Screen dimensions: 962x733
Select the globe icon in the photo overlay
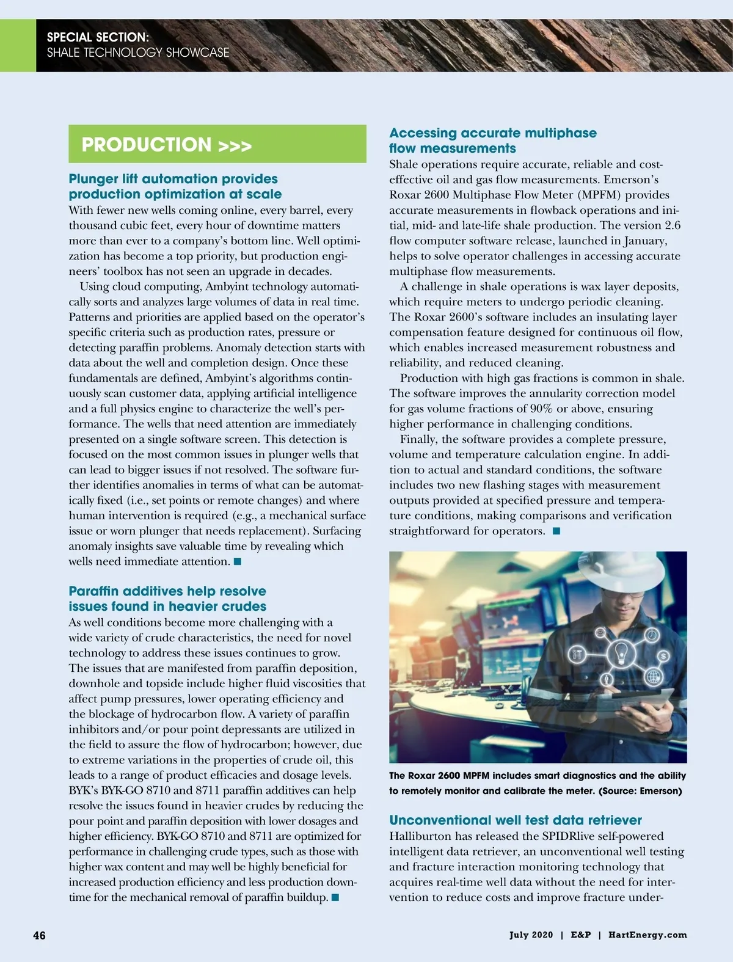(654, 676)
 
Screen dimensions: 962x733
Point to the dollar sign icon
(663, 655)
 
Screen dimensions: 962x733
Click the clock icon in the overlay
(652, 635)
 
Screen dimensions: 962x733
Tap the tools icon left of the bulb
(577, 654)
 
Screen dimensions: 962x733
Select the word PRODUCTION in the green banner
(147, 145)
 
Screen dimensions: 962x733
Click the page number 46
(39, 935)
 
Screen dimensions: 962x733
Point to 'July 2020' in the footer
(531, 935)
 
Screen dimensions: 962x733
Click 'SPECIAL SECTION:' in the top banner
(98, 37)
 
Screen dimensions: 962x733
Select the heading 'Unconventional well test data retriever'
(516, 820)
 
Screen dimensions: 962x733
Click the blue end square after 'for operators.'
(556, 531)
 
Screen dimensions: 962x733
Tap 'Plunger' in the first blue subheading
(93, 179)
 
